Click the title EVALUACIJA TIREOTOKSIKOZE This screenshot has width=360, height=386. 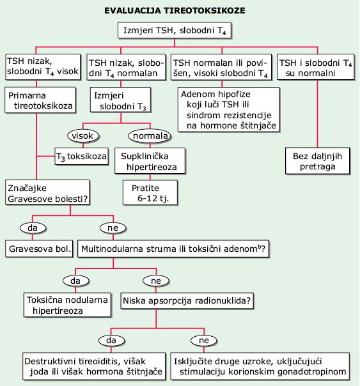175,11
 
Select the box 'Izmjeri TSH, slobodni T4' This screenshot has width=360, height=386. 175,31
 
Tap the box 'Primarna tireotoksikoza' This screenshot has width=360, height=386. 40,100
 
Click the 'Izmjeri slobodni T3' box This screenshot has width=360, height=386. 120,100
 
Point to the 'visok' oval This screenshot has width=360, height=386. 83,135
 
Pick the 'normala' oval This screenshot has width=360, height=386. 150,135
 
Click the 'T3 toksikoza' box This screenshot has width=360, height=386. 81,157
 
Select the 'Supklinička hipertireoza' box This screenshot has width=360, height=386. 150,161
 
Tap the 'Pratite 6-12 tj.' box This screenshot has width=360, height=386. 150,192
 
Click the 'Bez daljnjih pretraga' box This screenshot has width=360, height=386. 317,161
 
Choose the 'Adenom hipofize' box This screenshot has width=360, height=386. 229,109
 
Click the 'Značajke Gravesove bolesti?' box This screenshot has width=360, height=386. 47,192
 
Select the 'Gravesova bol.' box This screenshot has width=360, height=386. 40,249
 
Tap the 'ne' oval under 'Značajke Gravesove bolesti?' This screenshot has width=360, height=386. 113,228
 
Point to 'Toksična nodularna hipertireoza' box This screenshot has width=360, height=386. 68,305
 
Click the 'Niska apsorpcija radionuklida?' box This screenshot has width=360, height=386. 187,300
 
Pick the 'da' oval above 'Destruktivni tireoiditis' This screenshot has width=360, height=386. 111,341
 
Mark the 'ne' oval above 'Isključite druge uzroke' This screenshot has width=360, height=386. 204,341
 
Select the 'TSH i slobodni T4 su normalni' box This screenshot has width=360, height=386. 316,67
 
